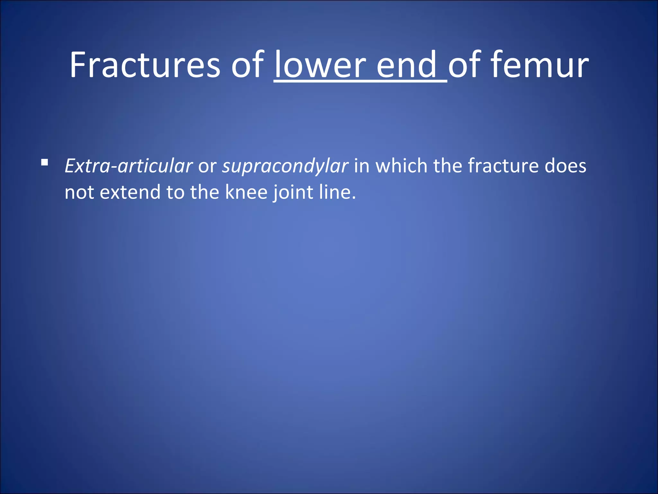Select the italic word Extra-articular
click(x=129, y=166)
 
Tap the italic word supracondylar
click(x=285, y=166)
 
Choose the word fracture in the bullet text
click(x=502, y=166)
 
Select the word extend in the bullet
click(x=130, y=192)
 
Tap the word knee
click(x=246, y=192)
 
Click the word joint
click(x=293, y=192)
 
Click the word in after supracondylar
click(x=362, y=166)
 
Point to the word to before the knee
click(x=175, y=192)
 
